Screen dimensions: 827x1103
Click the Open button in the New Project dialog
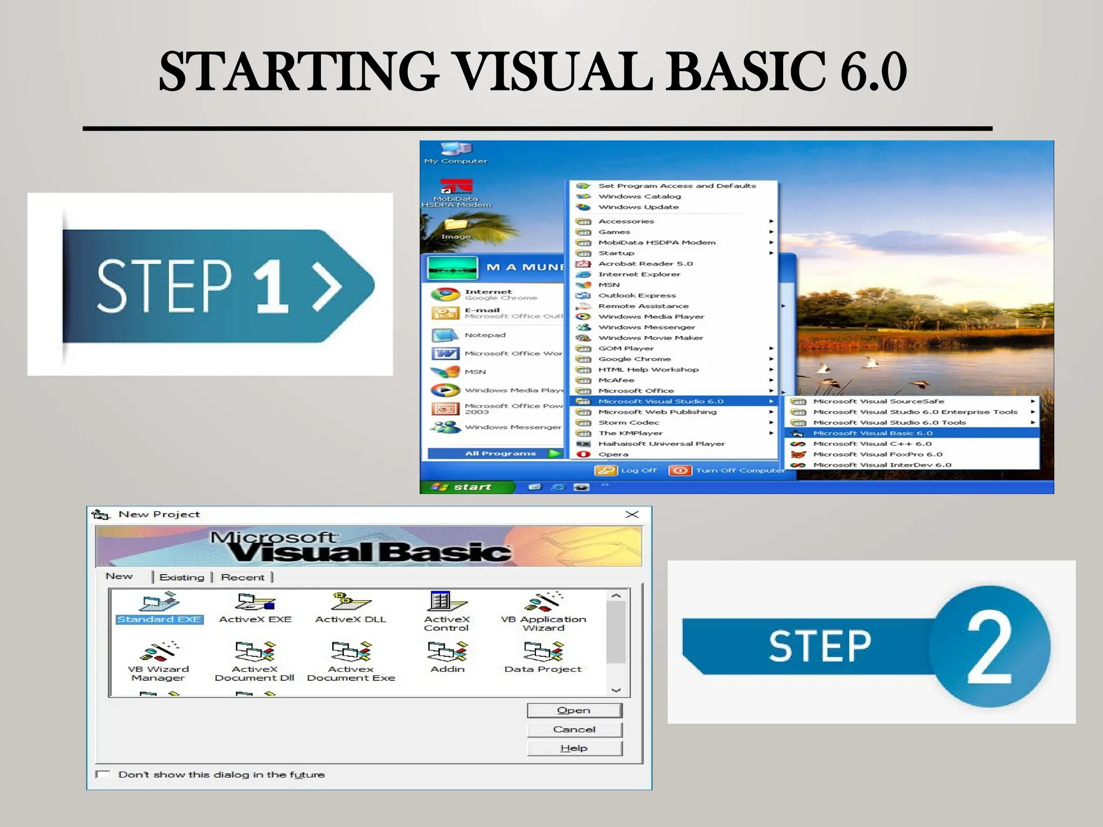tap(574, 711)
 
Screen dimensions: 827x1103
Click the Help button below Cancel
tap(574, 748)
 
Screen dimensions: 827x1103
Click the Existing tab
tap(182, 577)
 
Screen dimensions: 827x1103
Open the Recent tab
tap(242, 577)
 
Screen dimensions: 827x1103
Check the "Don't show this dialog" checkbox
tap(103, 774)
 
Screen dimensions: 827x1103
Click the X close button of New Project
tap(632, 515)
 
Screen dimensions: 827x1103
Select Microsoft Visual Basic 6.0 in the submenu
tap(872, 433)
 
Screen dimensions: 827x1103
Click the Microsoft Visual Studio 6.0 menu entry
tap(661, 401)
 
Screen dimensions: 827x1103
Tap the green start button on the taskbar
tap(466, 487)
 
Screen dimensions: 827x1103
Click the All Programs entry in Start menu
tap(500, 453)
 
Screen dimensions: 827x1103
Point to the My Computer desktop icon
tap(456, 151)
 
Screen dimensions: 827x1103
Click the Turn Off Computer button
tap(727, 471)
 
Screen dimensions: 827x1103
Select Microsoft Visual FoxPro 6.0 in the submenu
tap(877, 454)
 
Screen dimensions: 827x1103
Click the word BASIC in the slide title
tap(746, 71)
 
